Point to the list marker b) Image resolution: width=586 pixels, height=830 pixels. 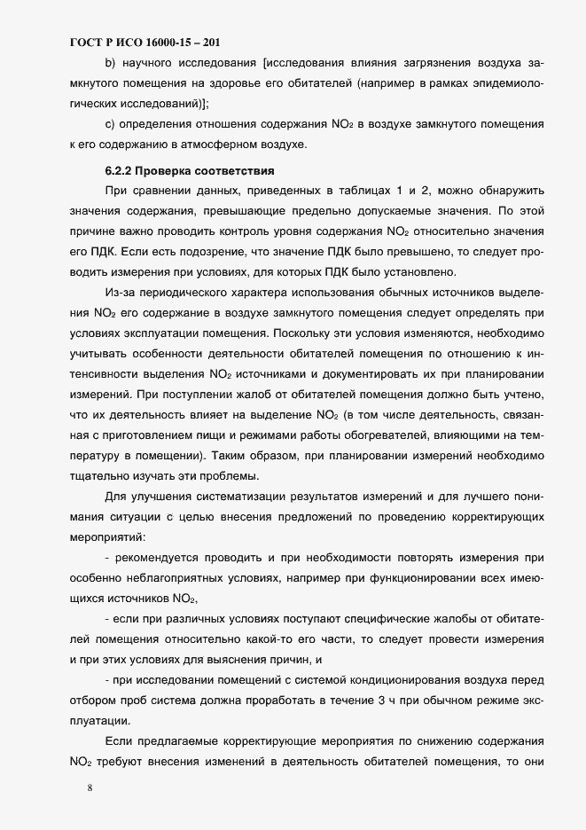110,64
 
